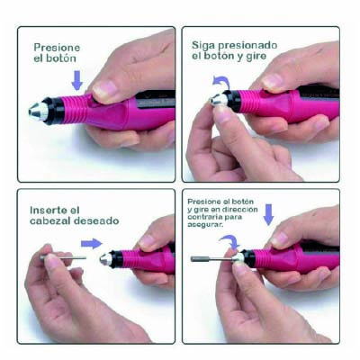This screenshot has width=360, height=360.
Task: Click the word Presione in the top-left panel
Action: [x=57, y=48]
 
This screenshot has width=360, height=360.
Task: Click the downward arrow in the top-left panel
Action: [x=77, y=80]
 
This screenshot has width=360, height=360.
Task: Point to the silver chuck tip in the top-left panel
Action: [x=39, y=111]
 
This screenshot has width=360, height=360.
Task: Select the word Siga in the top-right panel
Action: [x=203, y=46]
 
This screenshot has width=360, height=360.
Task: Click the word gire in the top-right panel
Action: [x=256, y=57]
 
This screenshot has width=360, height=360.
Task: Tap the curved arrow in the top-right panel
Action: [x=221, y=81]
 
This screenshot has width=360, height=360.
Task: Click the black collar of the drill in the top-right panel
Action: [x=232, y=101]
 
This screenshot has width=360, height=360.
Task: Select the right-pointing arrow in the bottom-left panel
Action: [x=92, y=243]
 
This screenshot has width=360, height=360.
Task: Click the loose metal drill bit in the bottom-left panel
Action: [x=64, y=257]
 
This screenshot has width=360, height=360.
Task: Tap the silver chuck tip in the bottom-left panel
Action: [x=106, y=259]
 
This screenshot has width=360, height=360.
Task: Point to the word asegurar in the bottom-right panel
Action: [x=205, y=224]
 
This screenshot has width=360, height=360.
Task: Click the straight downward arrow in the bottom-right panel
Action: [x=268, y=214]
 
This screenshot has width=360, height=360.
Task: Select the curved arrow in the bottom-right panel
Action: [x=229, y=240]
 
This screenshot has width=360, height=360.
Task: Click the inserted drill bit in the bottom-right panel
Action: [x=211, y=258]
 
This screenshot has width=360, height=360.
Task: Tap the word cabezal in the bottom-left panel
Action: [x=50, y=221]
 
